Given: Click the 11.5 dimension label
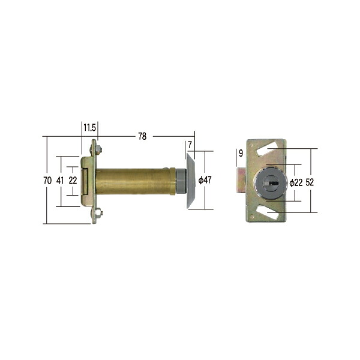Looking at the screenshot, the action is (89, 127).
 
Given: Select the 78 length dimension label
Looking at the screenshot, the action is (142, 136).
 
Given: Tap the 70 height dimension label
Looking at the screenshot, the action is (47, 181).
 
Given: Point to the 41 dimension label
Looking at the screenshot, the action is (60, 181).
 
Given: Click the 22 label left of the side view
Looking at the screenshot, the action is (73, 181).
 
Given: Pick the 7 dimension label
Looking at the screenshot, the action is (190, 145).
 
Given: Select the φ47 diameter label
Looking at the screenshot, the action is (205, 180).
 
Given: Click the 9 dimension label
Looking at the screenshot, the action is (241, 153).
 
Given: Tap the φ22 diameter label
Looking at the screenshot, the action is (296, 183).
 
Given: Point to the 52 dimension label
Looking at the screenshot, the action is (310, 182).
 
